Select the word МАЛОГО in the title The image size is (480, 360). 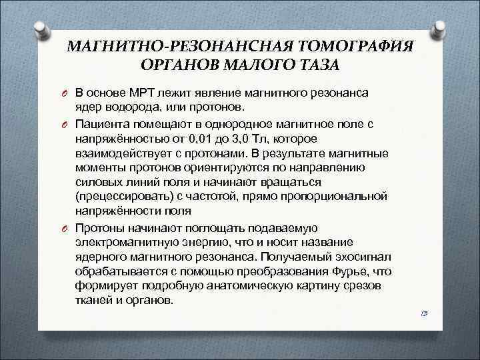(257, 65)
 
